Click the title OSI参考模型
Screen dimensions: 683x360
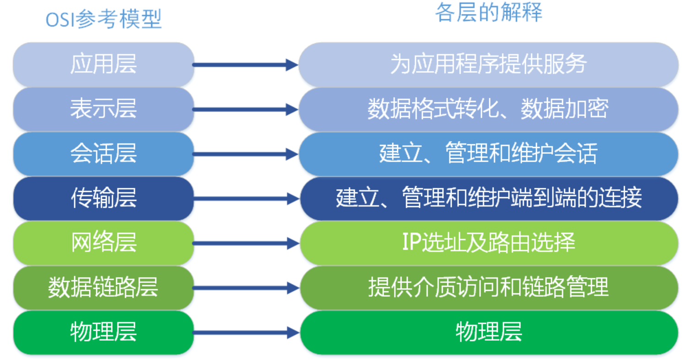(104, 19)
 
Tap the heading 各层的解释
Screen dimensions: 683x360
(488, 12)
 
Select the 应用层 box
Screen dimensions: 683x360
(104, 65)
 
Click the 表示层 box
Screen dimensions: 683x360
(104, 109)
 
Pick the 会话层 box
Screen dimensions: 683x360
(104, 154)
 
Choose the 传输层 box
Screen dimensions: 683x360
(104, 198)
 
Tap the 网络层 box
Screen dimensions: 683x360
(104, 243)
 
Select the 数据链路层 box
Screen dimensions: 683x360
(104, 288)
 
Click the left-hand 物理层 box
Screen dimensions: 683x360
(104, 332)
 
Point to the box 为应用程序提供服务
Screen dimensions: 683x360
(488, 65)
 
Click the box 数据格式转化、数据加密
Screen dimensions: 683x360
(488, 109)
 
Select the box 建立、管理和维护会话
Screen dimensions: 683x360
(488, 154)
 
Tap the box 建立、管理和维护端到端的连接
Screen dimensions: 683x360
(489, 198)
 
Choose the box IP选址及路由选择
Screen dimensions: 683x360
(489, 243)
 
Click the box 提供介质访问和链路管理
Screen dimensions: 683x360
(489, 288)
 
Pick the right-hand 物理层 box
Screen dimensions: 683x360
(489, 332)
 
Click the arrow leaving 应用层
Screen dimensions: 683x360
(246, 65)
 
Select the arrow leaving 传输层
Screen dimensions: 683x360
(246, 199)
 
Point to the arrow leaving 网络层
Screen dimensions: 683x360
(246, 243)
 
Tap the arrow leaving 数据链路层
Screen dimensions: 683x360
(246, 288)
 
